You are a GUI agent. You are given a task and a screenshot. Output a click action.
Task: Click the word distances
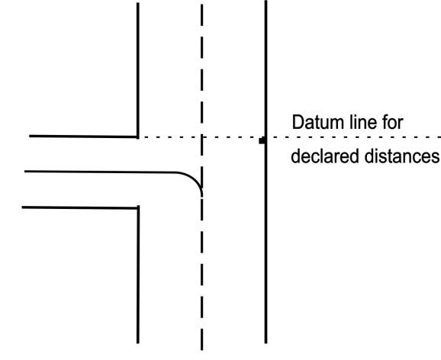(401, 156)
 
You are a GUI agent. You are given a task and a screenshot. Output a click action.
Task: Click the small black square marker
(262, 140)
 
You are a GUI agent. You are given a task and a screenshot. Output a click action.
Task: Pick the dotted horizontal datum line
(290, 137)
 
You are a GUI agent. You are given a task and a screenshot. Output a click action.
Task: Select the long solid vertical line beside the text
(266, 172)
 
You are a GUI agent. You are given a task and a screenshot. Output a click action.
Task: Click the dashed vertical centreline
(202, 177)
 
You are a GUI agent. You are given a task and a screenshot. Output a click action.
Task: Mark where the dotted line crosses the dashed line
(202, 137)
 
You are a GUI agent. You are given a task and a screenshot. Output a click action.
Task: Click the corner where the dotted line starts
(138, 137)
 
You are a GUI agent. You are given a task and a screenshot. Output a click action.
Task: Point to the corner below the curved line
(138, 208)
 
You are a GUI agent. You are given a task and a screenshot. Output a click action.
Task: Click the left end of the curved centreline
(24, 171)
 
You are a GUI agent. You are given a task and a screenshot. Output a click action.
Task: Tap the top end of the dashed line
(202, 5)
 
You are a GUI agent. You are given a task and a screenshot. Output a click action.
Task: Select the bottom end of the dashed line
(202, 350)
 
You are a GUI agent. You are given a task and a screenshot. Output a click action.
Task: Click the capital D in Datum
(298, 122)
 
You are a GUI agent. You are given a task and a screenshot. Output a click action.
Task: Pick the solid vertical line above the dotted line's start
(138, 70)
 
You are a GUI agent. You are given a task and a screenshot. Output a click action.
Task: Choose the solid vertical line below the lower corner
(138, 275)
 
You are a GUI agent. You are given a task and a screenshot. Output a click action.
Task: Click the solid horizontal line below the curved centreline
(80, 208)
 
